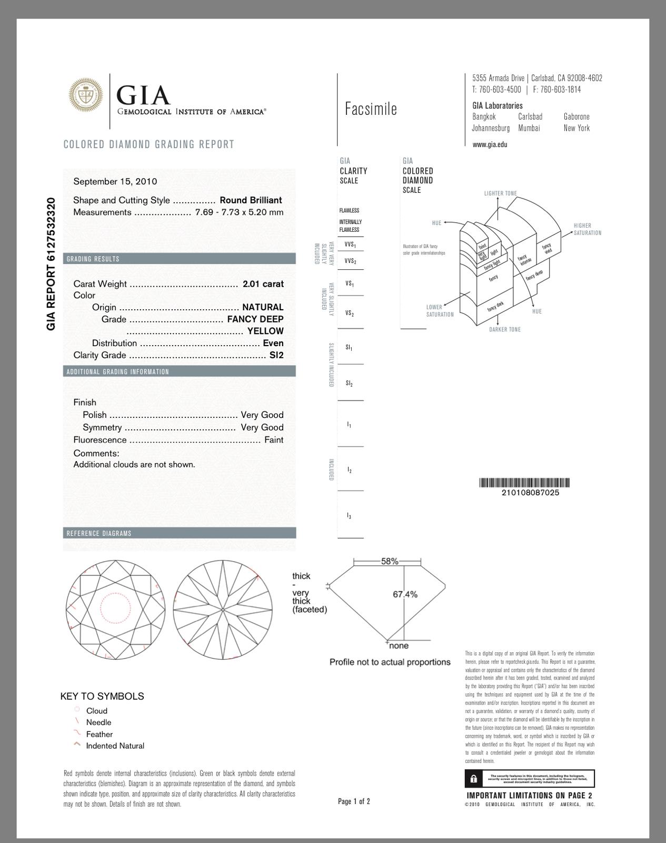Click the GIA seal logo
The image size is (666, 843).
click(86, 95)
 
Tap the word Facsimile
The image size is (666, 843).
click(371, 109)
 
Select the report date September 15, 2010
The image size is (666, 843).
click(115, 181)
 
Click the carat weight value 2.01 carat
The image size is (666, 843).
click(263, 283)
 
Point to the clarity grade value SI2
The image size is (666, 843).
click(276, 355)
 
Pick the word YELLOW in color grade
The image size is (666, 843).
click(265, 331)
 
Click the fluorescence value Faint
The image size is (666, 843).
click(274, 440)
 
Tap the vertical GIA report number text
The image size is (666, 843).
click(51, 263)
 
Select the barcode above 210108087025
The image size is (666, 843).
click(524, 483)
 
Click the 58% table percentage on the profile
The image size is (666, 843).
click(390, 562)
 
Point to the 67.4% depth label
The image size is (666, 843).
click(405, 594)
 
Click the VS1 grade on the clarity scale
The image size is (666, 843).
click(350, 284)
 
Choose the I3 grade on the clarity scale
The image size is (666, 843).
click(349, 516)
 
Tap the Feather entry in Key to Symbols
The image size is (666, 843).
click(99, 734)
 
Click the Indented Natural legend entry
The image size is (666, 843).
click(115, 746)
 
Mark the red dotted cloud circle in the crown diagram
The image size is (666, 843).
click(115, 609)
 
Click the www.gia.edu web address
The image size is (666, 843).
click(490, 144)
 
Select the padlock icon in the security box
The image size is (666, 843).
click(474, 779)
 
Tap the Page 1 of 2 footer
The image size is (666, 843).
click(354, 801)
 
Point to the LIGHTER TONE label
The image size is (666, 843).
click(500, 193)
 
